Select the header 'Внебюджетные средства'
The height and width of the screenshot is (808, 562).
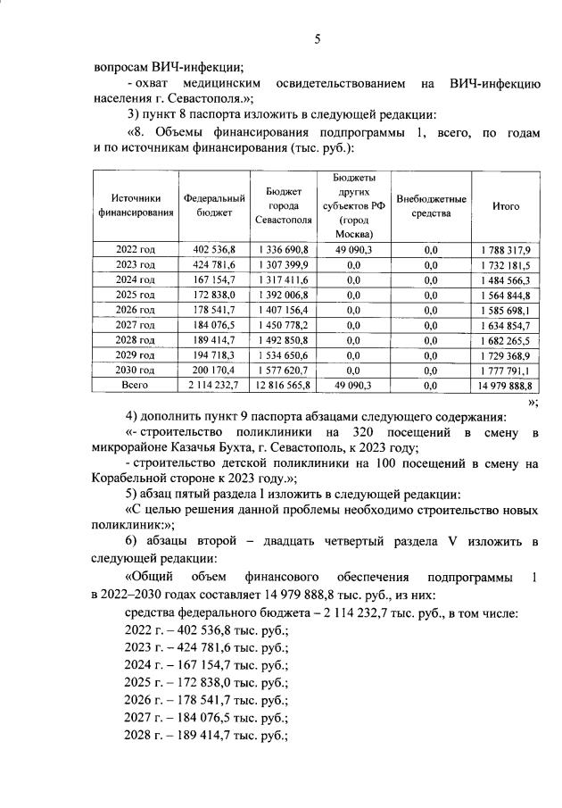[431, 205]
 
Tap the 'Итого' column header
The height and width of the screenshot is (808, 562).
[506, 205]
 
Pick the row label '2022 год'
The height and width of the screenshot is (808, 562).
[136, 249]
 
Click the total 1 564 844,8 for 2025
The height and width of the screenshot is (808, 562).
[506, 295]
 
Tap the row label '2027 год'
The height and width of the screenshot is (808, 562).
[136, 325]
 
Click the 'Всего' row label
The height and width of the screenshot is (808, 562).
[136, 385]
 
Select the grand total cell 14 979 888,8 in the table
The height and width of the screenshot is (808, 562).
[504, 385]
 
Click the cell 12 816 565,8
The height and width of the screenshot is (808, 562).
[283, 385]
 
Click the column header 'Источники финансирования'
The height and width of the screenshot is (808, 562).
[136, 205]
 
